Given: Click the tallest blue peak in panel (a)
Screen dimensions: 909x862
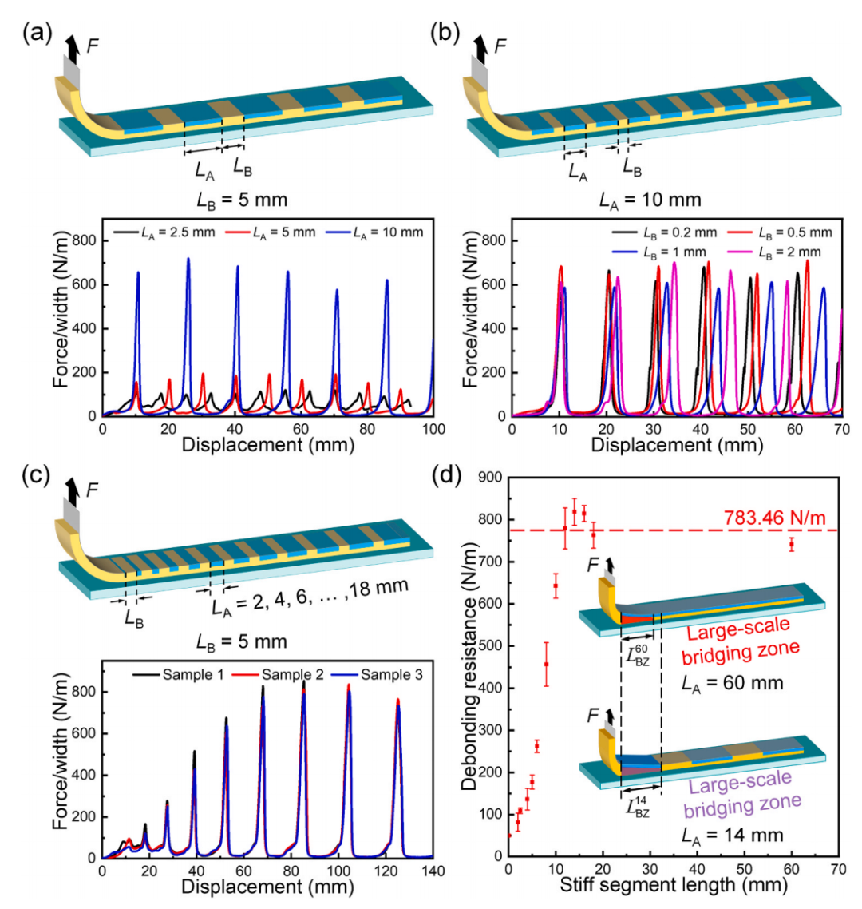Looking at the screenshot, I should pyautogui.click(x=188, y=260).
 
